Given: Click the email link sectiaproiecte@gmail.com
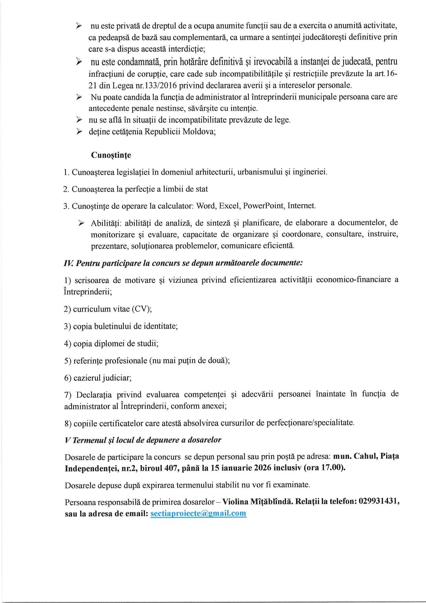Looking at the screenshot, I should point(198,513).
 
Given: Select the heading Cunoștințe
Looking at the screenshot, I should point(111,155).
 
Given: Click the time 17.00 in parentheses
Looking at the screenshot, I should point(332,468).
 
